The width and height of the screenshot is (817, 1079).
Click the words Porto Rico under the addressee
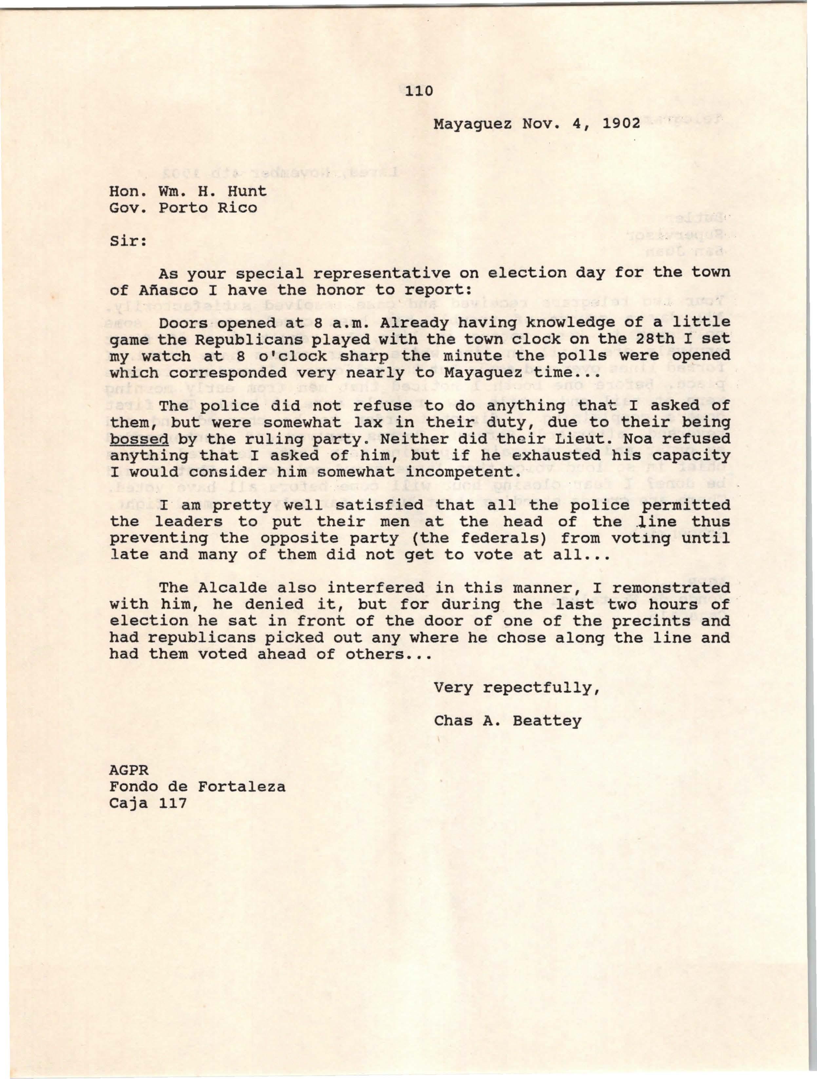[208, 208]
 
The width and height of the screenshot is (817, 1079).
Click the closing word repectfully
[540, 688]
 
